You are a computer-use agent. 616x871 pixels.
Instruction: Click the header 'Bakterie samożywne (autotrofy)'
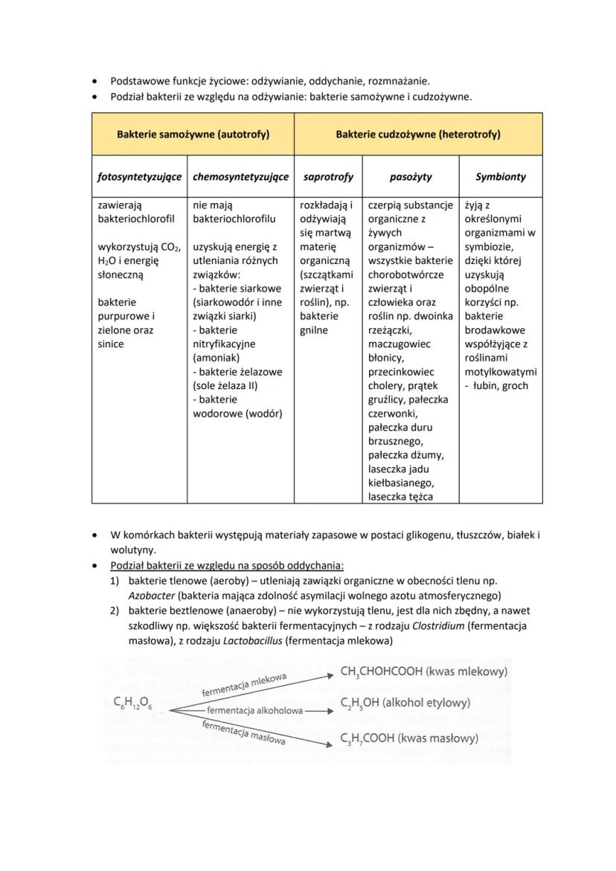coord(193,135)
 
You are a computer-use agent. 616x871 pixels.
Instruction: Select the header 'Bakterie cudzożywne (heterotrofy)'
coord(418,135)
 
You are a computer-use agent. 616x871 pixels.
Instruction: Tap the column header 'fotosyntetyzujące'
coord(140,177)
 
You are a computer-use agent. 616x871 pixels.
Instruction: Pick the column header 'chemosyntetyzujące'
coord(240,177)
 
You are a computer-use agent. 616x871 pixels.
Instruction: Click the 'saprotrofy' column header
coord(328,177)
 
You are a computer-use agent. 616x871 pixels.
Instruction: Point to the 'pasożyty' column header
coord(411,177)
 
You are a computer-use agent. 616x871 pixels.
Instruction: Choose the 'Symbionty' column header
coord(501,177)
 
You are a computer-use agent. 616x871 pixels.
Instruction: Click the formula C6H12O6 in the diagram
coord(133,704)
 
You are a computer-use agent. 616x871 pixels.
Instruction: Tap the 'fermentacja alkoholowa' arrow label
coord(255,710)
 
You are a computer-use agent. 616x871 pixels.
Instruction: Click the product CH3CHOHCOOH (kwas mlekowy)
coord(423,672)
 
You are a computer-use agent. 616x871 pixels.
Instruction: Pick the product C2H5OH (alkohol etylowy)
coord(405,703)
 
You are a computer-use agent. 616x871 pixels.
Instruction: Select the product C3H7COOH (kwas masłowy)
coord(409,739)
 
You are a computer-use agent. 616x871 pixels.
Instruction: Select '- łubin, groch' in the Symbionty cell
coord(497,385)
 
